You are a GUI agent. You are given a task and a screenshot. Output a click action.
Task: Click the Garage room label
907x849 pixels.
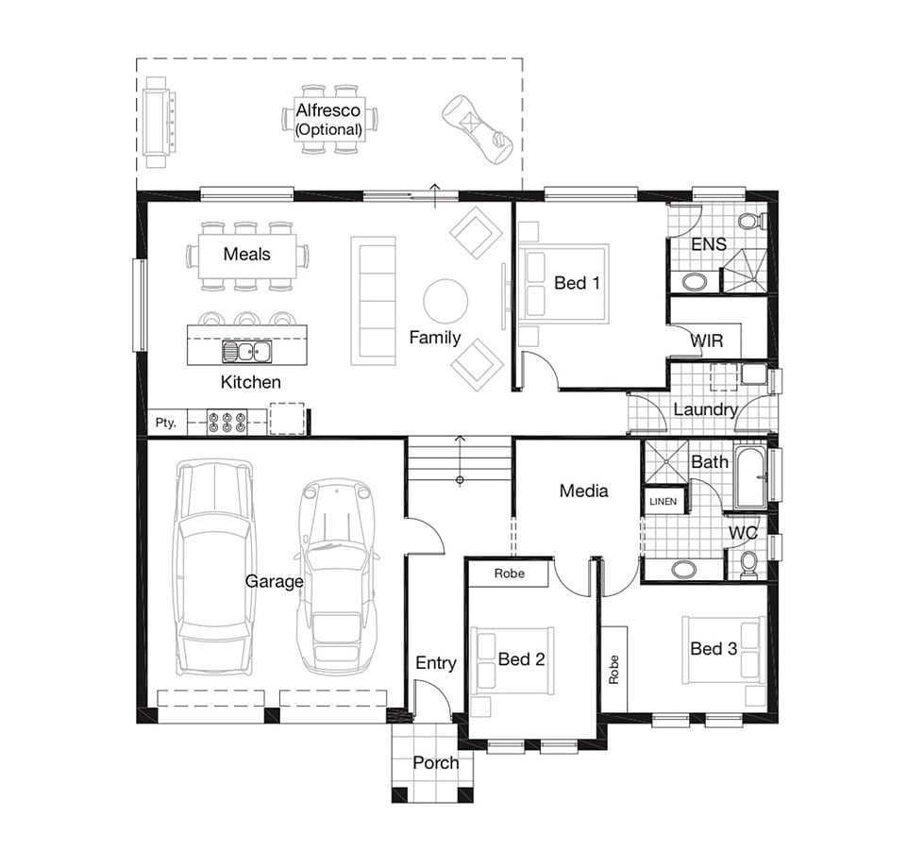tap(275, 581)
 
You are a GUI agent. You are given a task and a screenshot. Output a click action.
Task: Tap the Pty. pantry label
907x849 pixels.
tap(165, 423)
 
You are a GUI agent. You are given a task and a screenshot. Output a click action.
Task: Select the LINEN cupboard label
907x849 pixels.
tap(663, 502)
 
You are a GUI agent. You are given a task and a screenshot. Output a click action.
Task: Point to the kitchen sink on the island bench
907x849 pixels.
tap(247, 352)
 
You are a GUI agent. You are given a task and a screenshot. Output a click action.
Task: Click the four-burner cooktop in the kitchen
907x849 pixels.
tap(227, 422)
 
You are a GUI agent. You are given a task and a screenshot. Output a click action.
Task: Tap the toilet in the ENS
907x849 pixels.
tap(751, 221)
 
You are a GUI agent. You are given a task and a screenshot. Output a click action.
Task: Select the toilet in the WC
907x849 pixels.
tap(748, 564)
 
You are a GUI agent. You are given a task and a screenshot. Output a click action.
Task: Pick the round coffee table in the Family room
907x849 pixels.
tap(445, 301)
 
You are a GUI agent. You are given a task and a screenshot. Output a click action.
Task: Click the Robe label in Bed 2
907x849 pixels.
tap(509, 574)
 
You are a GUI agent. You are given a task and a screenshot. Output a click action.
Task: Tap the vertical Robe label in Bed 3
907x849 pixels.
tap(613, 669)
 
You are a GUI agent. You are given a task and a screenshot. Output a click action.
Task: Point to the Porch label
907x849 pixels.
tap(436, 763)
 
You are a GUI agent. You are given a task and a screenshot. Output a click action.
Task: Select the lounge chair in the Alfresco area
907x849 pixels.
tap(478, 129)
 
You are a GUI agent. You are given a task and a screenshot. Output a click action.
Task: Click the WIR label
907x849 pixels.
tap(707, 341)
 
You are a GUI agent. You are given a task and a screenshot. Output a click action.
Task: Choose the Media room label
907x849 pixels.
tap(583, 491)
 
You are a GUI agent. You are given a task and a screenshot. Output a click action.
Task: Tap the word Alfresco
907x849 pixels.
tap(328, 109)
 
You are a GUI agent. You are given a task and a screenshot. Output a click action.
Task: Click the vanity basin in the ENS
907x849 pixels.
tap(694, 282)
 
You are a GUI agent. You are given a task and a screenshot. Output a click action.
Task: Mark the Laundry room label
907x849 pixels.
tap(705, 410)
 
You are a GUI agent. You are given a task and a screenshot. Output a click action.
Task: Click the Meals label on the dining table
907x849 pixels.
tap(247, 254)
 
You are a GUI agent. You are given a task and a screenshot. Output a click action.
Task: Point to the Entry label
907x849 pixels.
tap(436, 663)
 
